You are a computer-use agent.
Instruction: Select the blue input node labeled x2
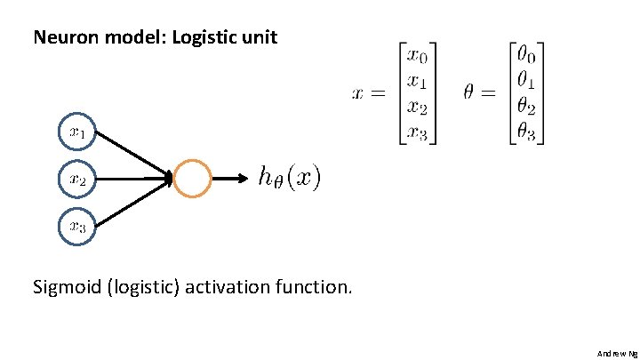(76, 179)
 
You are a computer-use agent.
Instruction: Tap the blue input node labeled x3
(76, 226)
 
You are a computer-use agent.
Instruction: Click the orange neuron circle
(193, 179)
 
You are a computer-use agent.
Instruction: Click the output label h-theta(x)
(289, 179)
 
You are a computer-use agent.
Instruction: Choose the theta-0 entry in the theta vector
(524, 55)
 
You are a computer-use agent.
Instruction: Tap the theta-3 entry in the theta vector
(524, 132)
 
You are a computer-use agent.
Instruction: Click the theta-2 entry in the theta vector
(524, 107)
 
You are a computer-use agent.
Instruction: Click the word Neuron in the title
(59, 37)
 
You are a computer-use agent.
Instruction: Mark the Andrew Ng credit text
(616, 353)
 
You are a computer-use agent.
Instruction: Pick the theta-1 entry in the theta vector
(524, 81)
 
